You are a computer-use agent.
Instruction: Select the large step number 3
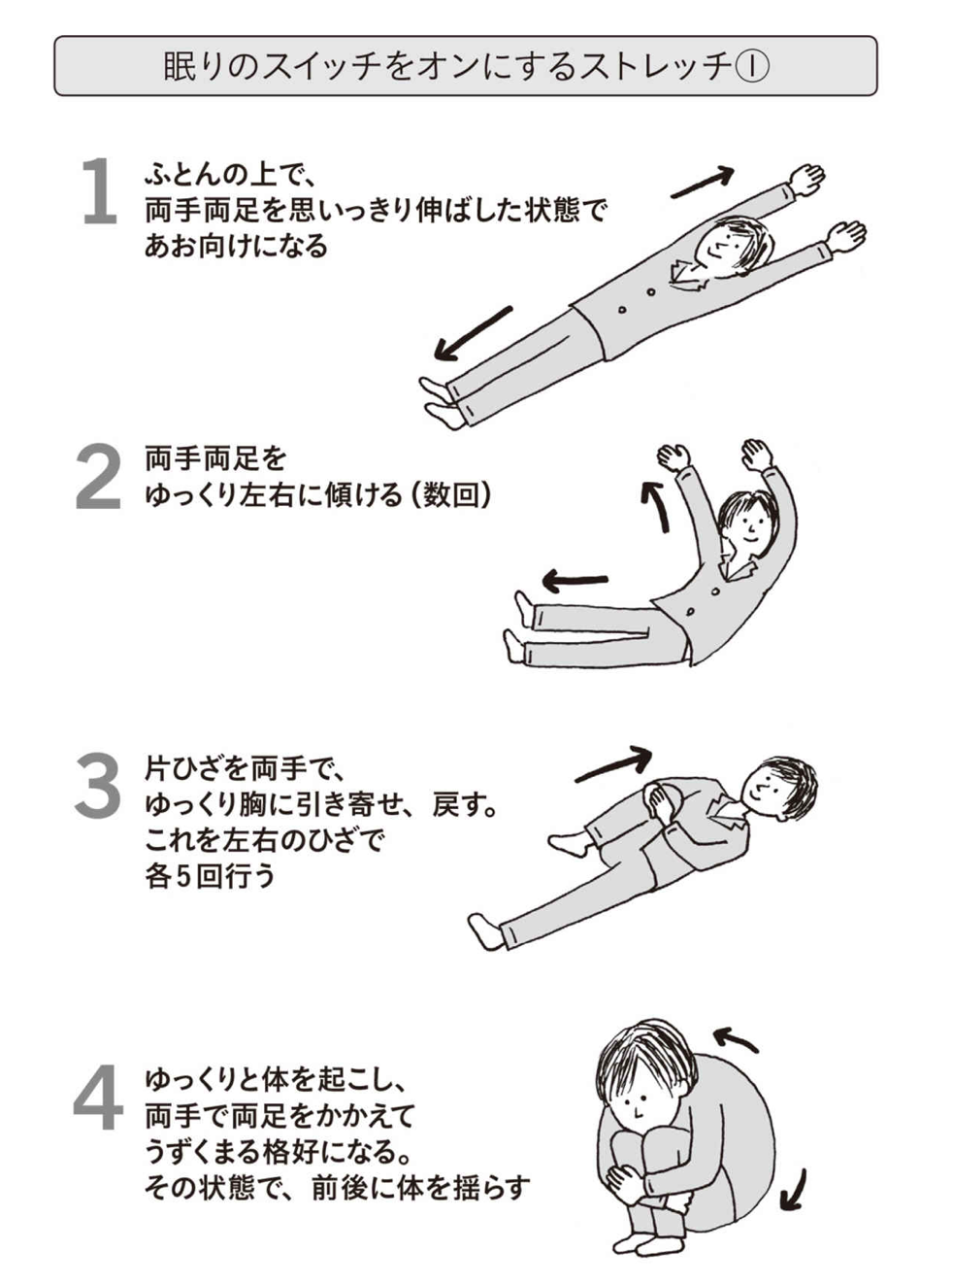97,786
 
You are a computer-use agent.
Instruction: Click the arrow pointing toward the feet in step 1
473,333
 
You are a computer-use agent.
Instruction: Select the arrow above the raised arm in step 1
702,182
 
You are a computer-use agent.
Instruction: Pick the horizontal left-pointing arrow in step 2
575,580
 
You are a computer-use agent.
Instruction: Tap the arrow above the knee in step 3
613,763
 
